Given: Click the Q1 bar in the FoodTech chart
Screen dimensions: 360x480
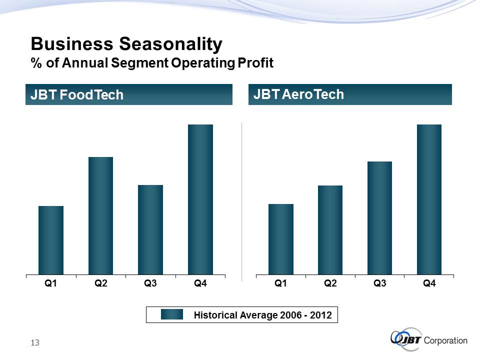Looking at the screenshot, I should [51, 240].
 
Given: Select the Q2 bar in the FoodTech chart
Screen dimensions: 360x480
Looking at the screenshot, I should [100, 215].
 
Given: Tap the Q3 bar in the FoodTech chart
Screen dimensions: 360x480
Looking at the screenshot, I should [150, 229].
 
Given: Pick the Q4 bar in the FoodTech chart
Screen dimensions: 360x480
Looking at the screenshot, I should [200, 199].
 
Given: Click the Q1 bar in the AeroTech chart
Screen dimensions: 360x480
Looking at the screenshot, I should [281, 239].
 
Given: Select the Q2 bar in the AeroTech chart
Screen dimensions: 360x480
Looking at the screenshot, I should [330, 229].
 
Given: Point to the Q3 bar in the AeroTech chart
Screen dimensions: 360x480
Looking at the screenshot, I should [379, 217].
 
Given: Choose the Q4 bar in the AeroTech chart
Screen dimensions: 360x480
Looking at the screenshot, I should [429, 199].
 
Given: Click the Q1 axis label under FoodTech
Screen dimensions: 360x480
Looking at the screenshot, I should [51, 284].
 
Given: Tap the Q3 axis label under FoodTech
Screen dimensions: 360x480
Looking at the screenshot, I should [150, 284].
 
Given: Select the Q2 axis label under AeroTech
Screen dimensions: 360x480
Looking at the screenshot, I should [330, 284].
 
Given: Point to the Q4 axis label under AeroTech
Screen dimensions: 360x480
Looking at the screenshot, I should [429, 284].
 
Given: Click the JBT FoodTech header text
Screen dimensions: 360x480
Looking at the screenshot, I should [77, 95].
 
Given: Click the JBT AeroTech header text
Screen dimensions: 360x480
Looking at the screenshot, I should [299, 94].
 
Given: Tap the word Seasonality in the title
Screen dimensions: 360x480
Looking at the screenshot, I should [170, 45].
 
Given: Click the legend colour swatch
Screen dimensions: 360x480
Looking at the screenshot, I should [172, 315].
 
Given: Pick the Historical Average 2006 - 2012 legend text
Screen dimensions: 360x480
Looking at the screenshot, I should [262, 315].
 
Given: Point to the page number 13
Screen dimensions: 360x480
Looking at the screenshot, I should [34, 342].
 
